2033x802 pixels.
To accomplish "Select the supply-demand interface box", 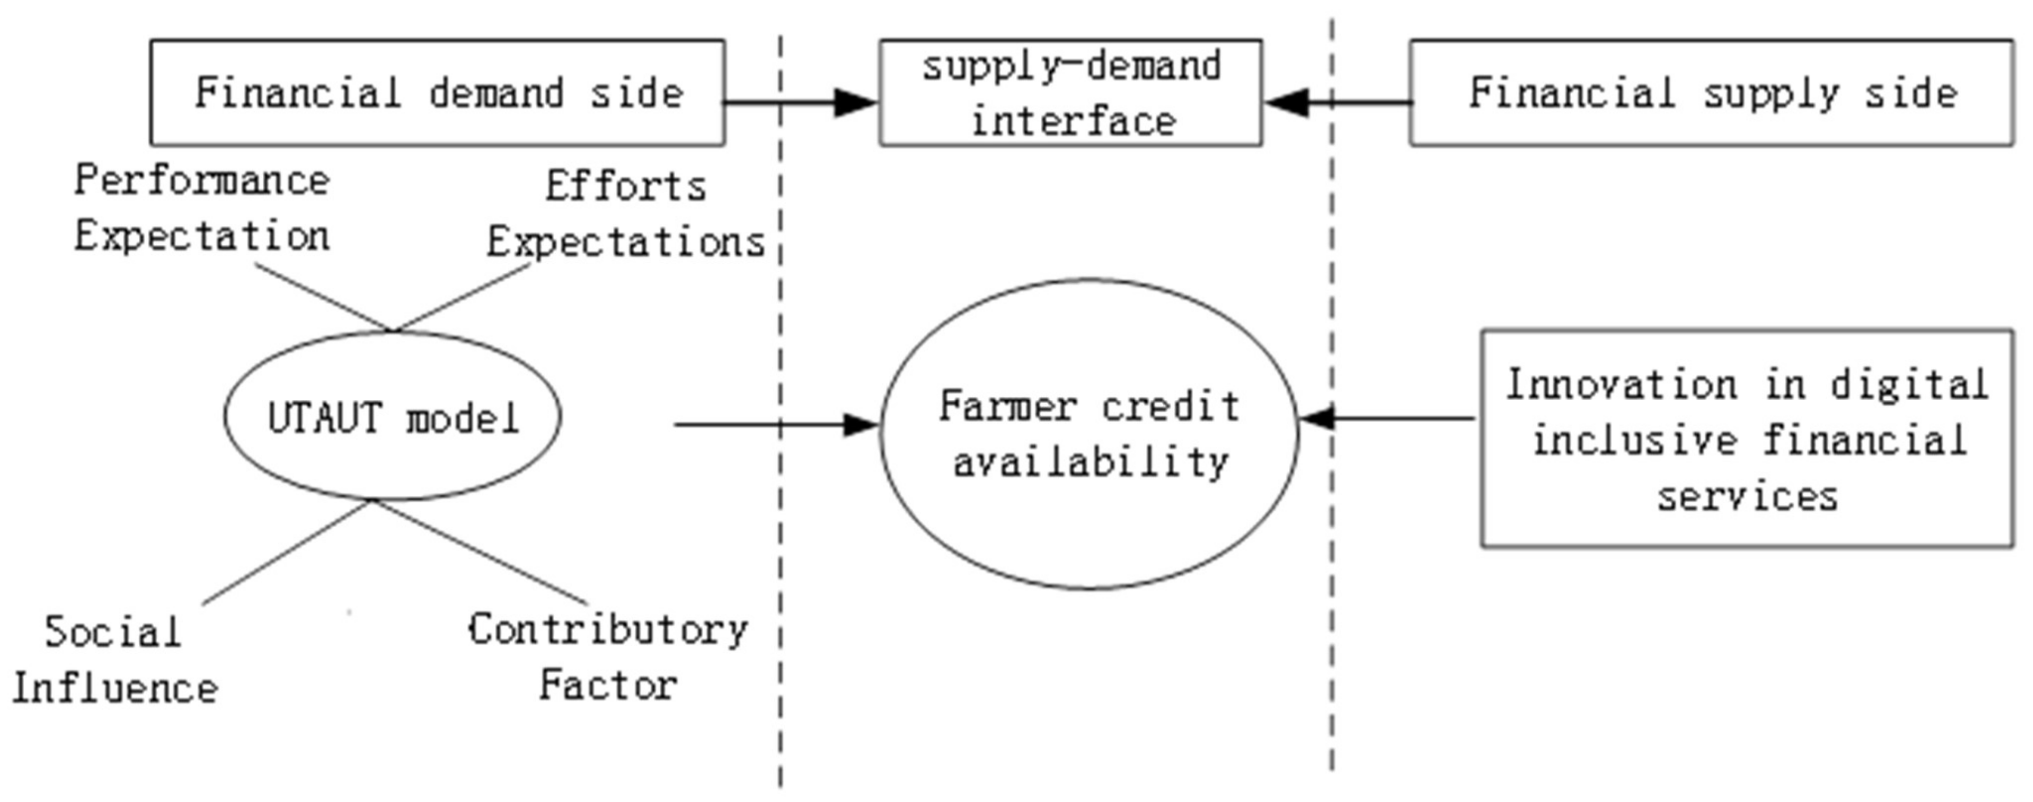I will pos(1071,93).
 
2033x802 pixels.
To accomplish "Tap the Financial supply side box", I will pos(1711,93).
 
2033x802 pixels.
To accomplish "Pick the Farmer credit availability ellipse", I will pos(1089,434).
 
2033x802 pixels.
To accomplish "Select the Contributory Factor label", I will pos(607,657).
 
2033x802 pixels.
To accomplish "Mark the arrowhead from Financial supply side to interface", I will pos(1286,102).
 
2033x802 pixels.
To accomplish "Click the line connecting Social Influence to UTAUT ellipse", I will pos(288,552).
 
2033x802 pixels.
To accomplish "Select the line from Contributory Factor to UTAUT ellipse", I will pos(481,552).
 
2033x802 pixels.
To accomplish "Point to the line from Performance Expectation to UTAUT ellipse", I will pos(324,297).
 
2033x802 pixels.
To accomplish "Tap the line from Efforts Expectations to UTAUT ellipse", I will pos(462,297).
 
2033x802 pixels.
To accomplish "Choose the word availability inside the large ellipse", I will pos(1091,462).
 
